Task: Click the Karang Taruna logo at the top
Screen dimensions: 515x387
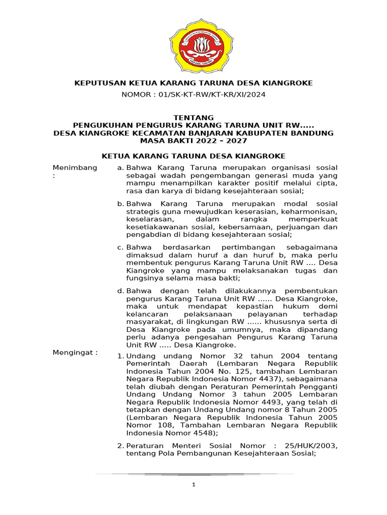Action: click(193, 45)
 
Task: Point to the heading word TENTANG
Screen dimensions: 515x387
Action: click(193, 117)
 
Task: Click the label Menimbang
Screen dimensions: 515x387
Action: click(75, 167)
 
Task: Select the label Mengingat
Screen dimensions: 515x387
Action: click(75, 353)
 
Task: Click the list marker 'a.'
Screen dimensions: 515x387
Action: click(120, 167)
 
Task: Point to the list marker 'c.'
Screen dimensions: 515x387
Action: click(120, 247)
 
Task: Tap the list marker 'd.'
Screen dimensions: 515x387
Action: click(120, 291)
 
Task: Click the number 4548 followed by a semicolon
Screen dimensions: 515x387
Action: click(203, 433)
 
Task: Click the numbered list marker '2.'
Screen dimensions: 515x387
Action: click(120, 446)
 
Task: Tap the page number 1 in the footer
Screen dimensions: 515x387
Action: click(193, 484)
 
